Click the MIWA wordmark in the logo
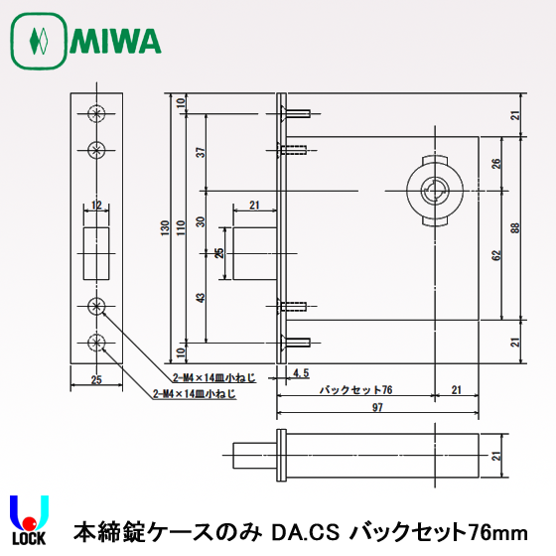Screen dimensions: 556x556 click(115, 41)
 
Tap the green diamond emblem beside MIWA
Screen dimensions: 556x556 click(39, 42)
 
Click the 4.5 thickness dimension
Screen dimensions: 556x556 click(303, 373)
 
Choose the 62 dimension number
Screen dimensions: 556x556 click(495, 254)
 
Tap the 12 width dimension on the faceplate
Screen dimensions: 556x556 click(95, 206)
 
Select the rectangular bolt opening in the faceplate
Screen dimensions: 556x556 click(95, 251)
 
